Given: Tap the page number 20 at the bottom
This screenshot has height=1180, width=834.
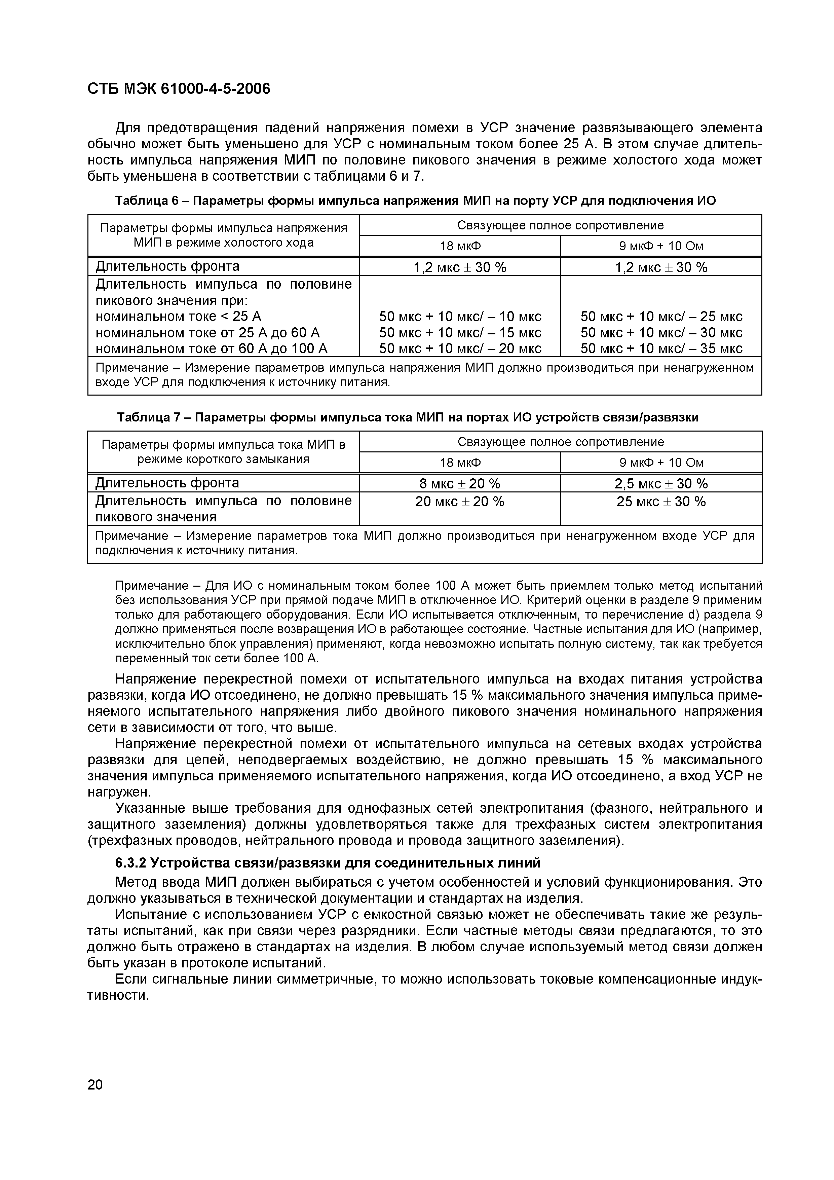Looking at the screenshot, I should click(x=95, y=1085).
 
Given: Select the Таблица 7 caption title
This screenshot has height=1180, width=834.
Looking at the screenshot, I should click(x=408, y=417).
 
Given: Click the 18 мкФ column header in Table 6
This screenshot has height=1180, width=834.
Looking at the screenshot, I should click(x=460, y=246).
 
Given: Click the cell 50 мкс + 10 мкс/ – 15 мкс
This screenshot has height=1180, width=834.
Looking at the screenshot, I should click(x=460, y=333).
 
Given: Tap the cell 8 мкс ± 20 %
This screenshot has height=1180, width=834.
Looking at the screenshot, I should click(x=460, y=484).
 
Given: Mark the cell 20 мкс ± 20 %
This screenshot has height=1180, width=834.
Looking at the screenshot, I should click(x=460, y=502).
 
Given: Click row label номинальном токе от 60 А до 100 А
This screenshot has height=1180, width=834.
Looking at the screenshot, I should click(x=212, y=349).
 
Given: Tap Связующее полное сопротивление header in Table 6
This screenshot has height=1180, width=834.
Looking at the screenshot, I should click(x=560, y=225).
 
